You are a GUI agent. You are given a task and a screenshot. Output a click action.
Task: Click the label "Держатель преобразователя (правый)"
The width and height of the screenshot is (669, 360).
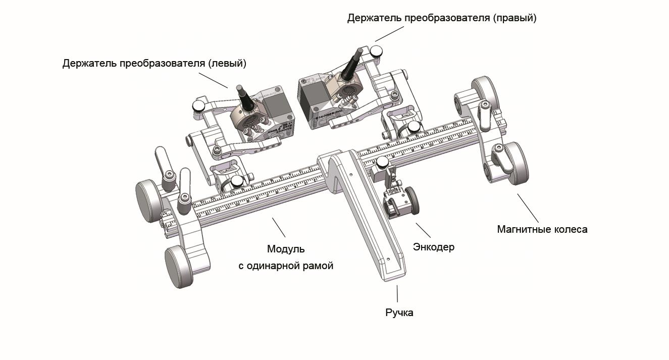[x=441, y=18]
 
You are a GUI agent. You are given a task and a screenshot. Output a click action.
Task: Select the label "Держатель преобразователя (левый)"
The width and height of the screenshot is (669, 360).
[x=155, y=64]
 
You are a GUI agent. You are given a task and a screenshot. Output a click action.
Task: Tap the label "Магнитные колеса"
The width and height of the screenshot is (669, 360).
[x=542, y=229]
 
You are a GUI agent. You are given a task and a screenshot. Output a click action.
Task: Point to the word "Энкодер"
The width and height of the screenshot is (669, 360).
[x=434, y=247]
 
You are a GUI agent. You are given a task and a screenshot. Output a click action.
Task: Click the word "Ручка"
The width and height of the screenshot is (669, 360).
[x=399, y=313]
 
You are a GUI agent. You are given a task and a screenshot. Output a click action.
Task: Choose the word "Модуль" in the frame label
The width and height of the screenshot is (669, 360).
[x=286, y=249]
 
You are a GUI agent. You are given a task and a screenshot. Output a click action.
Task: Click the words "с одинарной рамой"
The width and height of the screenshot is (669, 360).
[x=286, y=266]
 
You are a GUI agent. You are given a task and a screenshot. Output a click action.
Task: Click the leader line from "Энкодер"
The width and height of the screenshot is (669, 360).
[x=423, y=230]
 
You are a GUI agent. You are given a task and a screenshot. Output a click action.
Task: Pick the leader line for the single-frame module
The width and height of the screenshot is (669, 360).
[x=279, y=227]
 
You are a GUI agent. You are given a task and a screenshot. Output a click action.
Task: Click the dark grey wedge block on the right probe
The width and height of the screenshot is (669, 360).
[x=312, y=96]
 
